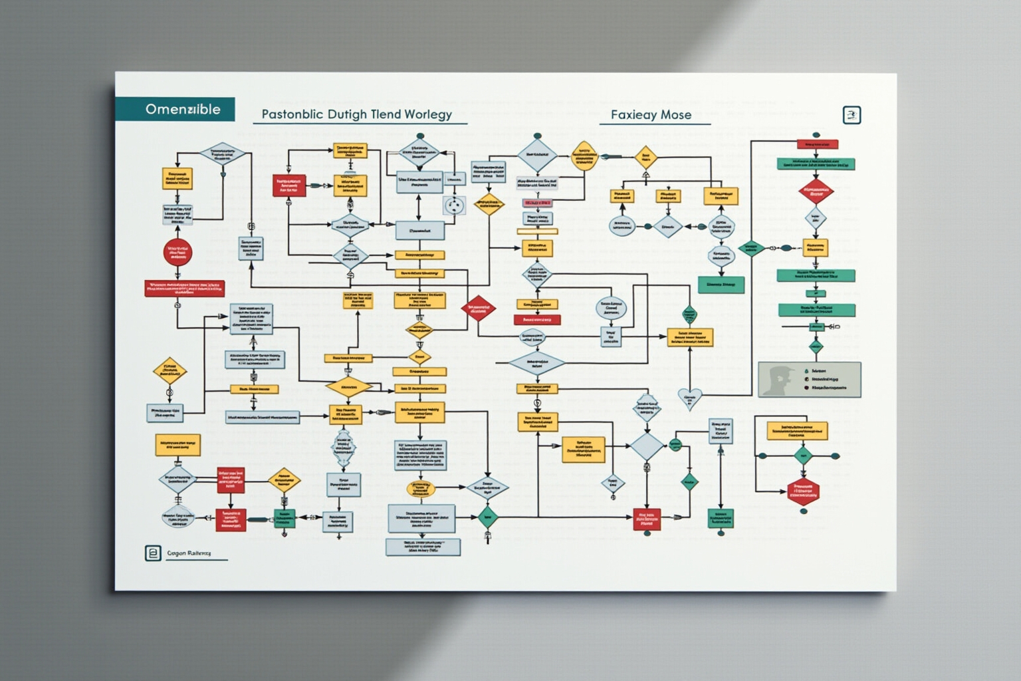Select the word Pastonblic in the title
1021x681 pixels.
click(x=292, y=114)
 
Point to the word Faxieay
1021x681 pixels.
click(x=633, y=114)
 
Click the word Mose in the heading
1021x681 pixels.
click(x=676, y=114)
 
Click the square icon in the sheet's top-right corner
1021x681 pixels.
click(x=851, y=115)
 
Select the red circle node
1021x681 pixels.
click(x=177, y=252)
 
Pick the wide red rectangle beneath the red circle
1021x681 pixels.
click(x=184, y=288)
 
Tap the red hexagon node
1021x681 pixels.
click(x=803, y=491)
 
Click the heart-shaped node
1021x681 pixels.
click(x=689, y=398)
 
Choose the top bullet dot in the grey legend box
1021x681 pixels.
click(x=806, y=371)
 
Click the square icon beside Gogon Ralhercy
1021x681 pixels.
click(x=153, y=553)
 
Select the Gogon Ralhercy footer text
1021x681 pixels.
click(x=189, y=553)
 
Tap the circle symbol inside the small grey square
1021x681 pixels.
click(x=454, y=205)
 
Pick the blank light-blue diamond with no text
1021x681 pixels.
click(x=647, y=446)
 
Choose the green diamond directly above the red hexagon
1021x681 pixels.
click(x=803, y=456)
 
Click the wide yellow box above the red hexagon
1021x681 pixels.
click(x=797, y=430)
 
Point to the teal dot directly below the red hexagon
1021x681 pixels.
click(x=804, y=511)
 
